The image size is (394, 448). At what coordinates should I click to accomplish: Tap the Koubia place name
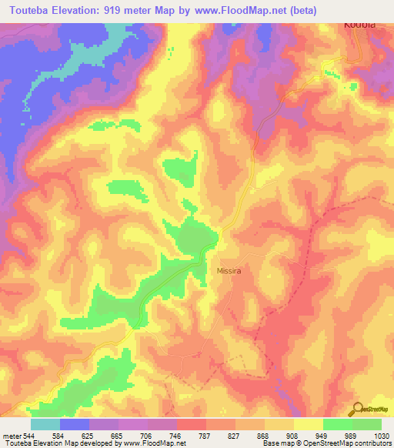359,25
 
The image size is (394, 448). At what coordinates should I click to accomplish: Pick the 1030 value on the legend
382,435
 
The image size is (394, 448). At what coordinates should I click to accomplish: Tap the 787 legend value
205,435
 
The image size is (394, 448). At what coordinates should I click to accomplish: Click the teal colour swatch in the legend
45,424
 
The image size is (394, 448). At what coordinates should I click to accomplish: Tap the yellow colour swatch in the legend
308,424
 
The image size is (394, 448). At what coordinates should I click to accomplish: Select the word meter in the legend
10,435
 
